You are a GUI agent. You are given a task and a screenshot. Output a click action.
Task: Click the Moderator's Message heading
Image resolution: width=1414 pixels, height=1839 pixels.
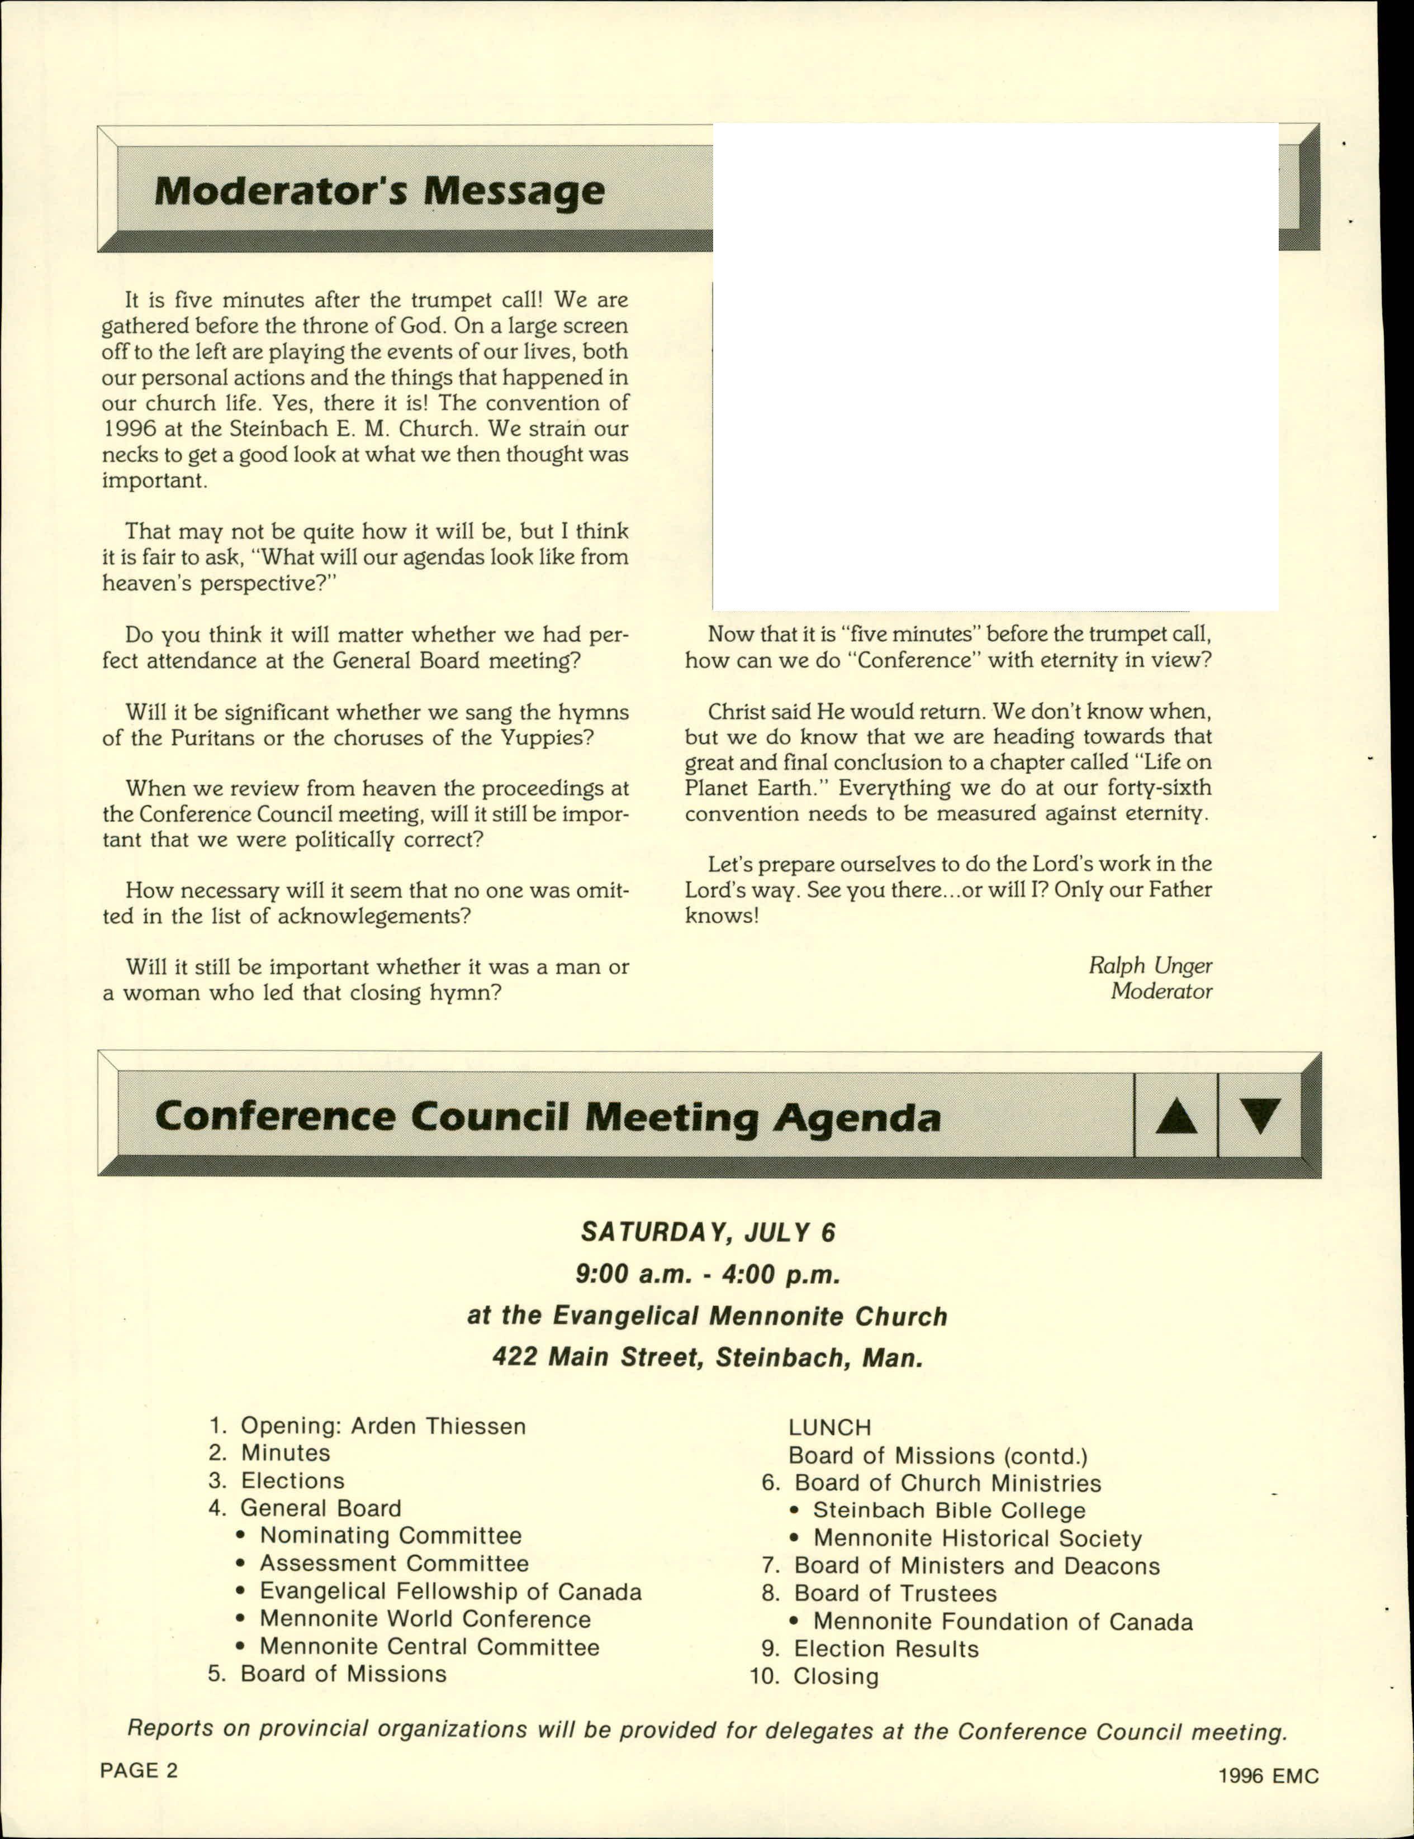click(x=379, y=191)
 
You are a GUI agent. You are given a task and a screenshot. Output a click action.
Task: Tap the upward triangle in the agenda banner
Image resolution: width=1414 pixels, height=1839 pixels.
click(x=1176, y=1116)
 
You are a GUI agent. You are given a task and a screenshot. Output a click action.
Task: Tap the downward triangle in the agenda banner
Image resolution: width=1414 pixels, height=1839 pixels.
click(x=1259, y=1116)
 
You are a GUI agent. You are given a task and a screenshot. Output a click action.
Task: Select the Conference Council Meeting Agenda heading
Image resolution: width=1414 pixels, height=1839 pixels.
click(x=548, y=1117)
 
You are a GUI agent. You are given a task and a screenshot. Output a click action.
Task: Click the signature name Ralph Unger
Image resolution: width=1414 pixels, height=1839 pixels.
click(x=1150, y=965)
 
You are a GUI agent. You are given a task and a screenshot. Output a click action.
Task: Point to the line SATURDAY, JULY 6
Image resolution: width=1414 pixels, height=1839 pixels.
click(x=708, y=1232)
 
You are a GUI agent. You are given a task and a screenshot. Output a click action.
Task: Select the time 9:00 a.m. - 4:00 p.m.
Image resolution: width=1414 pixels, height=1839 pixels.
click(x=708, y=1274)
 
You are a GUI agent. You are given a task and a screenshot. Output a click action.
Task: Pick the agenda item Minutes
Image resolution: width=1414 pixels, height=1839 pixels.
click(x=286, y=1453)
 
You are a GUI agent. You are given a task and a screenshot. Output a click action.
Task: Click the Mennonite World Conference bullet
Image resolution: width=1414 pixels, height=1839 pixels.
click(x=425, y=1618)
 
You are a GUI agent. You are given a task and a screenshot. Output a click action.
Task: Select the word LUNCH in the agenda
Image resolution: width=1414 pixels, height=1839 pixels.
click(x=830, y=1427)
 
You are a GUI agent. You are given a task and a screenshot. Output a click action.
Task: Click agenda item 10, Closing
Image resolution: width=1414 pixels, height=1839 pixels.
click(x=836, y=1676)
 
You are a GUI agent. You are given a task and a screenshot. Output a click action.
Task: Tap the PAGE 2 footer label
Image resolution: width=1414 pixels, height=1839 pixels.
click(x=139, y=1770)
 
